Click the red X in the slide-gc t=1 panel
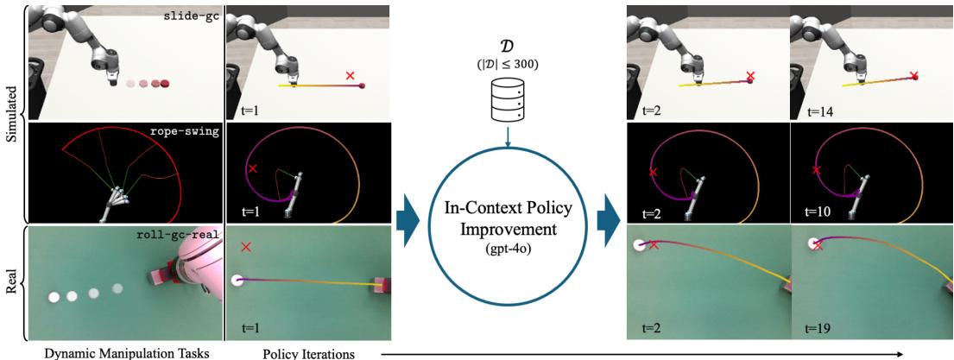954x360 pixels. (350, 76)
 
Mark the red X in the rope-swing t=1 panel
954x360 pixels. (252, 169)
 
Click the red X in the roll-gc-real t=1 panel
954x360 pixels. (247, 247)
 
